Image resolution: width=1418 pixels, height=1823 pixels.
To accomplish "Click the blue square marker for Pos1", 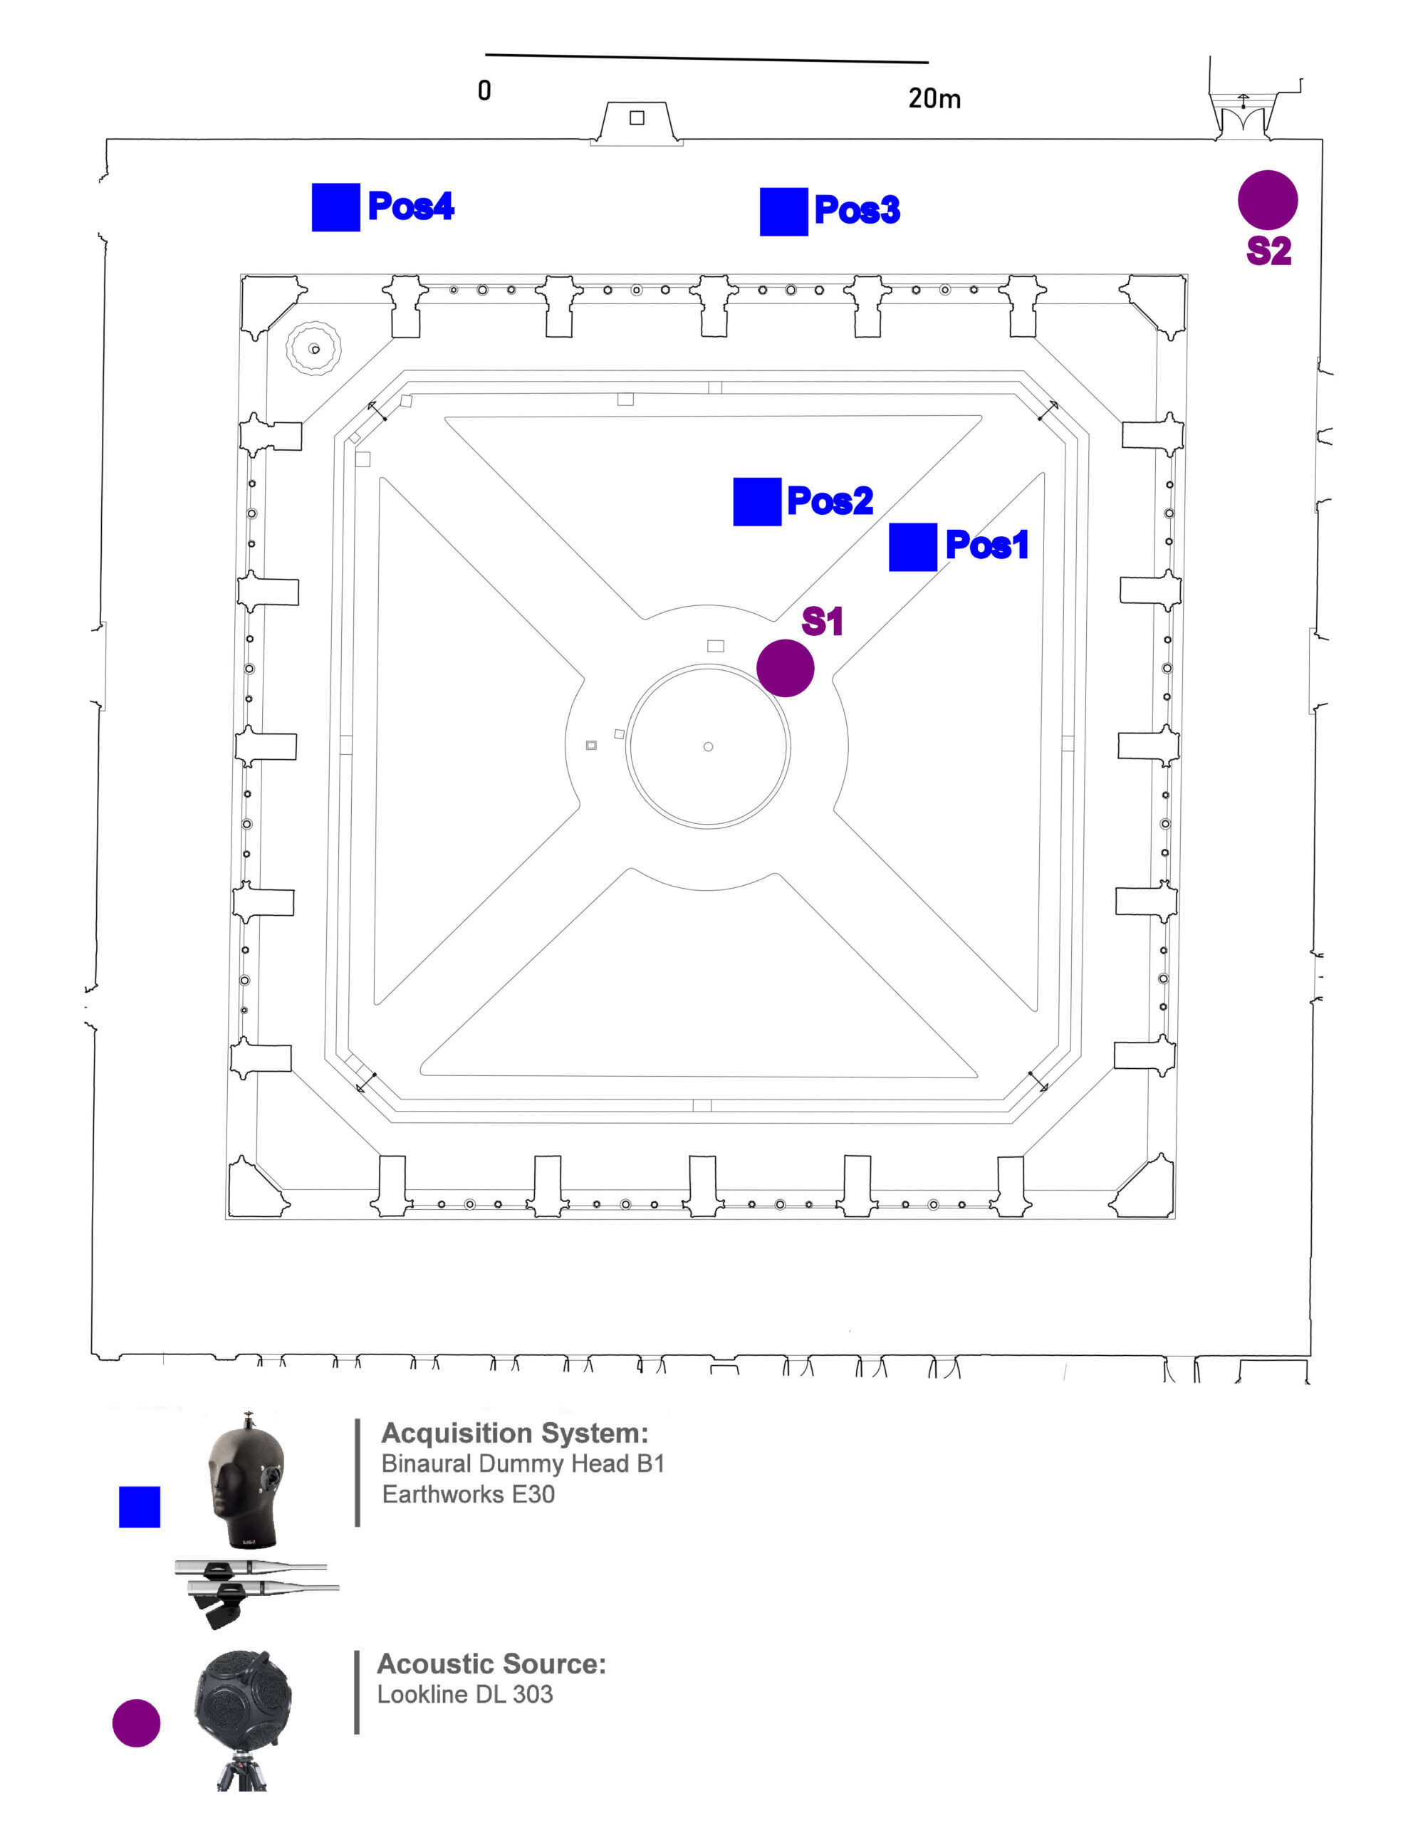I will tap(912, 547).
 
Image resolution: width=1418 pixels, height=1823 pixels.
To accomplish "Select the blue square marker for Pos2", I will tap(757, 501).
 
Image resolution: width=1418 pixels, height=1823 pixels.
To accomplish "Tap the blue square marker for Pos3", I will tap(783, 212).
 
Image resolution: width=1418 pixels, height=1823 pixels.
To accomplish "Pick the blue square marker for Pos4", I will tap(335, 207).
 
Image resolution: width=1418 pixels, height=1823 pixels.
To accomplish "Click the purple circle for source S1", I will tap(786, 668).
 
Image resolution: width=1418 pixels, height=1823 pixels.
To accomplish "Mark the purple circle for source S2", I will tap(1267, 199).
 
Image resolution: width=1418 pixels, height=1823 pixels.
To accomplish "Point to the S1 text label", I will tap(822, 622).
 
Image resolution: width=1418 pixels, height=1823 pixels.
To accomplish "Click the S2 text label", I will tap(1268, 251).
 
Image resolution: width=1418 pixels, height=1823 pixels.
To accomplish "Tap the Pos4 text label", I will tap(411, 207).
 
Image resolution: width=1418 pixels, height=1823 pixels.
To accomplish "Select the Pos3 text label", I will tap(857, 209).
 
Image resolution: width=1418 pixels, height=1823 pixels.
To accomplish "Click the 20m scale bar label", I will tap(934, 98).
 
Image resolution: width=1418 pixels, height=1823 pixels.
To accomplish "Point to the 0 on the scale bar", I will tap(484, 90).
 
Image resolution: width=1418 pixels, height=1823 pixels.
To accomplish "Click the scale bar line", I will tap(706, 58).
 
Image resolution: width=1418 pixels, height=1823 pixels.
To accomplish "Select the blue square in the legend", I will tap(140, 1507).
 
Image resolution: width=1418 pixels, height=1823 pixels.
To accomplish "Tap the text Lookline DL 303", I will tap(465, 1694).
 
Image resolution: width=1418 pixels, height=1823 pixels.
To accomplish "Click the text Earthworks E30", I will tap(468, 1493).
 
